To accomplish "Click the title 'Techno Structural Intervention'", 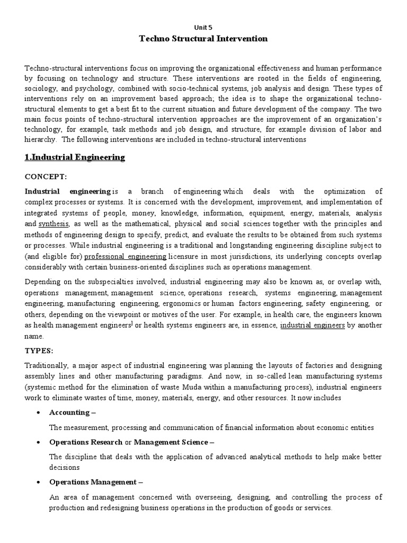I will point(203,39).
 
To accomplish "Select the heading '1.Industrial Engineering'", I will point(75,157).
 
